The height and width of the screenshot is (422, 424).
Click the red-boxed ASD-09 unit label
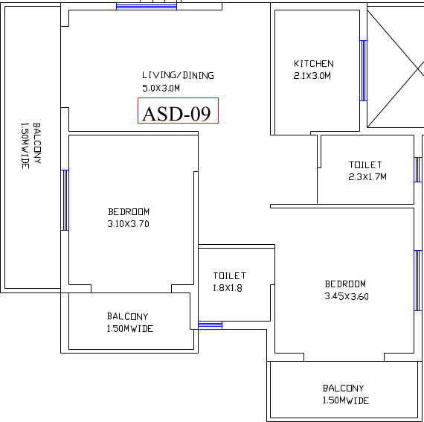[x=178, y=111]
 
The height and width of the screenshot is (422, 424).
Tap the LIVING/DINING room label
[x=178, y=75]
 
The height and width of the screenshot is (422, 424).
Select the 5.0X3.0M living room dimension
[x=161, y=88]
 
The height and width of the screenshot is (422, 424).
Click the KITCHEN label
[x=314, y=64]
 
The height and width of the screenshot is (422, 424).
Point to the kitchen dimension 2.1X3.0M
[x=312, y=75]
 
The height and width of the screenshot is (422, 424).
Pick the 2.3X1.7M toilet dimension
[x=367, y=176]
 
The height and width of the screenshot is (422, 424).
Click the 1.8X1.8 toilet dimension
[x=228, y=288]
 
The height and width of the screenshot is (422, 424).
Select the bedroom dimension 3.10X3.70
[x=129, y=224]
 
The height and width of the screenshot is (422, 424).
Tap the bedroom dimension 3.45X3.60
[x=347, y=296]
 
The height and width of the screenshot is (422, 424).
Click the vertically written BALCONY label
[x=37, y=143]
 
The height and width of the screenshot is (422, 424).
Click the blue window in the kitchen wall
[x=364, y=71]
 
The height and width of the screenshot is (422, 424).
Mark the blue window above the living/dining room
[x=147, y=6]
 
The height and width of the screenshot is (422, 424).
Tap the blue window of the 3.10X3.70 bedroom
[x=65, y=200]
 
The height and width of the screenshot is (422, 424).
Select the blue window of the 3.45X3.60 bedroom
[x=418, y=281]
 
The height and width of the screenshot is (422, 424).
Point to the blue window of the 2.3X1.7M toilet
[x=418, y=170]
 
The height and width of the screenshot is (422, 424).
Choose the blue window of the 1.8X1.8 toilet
[x=210, y=325]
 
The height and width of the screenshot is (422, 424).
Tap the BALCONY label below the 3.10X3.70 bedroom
[x=128, y=316]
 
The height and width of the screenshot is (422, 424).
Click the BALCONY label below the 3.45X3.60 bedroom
[x=343, y=389]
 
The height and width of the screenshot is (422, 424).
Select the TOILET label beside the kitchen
[x=365, y=164]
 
